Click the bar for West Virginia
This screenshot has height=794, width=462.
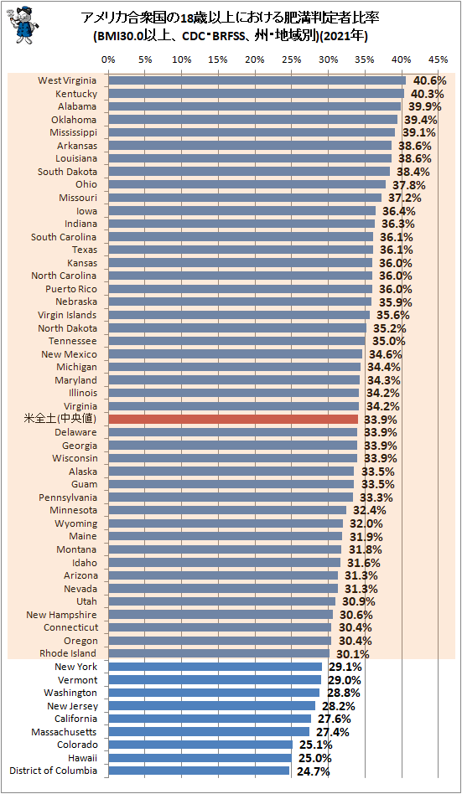point(257,80)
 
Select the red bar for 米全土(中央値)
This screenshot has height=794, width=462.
point(233,419)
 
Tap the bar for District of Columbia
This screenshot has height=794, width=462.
point(199,771)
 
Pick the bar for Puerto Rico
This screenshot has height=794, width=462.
point(240,289)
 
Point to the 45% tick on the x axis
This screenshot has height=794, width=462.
point(438,59)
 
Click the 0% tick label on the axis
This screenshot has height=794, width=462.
point(108,59)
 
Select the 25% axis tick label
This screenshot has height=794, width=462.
point(291,59)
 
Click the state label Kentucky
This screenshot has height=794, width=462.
point(76,94)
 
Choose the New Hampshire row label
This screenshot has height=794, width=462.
point(61,615)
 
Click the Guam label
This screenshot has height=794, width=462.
point(83,484)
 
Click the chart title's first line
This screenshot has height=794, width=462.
point(231,18)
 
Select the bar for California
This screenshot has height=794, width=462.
point(210,719)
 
